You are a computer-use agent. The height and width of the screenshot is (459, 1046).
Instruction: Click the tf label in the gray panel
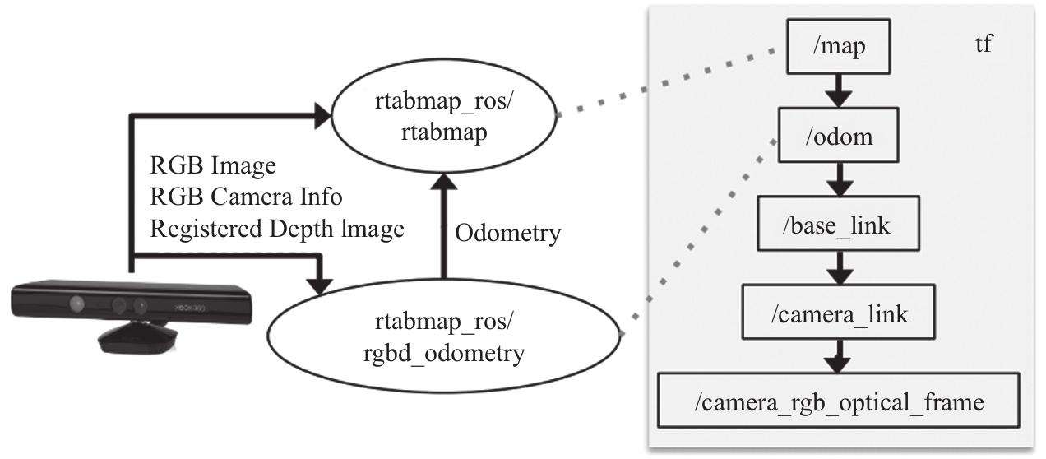pyautogui.click(x=983, y=43)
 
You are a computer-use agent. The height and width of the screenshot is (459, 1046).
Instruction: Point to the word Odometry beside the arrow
pyautogui.click(x=508, y=234)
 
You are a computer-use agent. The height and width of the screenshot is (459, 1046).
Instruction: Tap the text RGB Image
pyautogui.click(x=212, y=165)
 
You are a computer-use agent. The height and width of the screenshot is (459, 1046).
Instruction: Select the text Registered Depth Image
pyautogui.click(x=277, y=229)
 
